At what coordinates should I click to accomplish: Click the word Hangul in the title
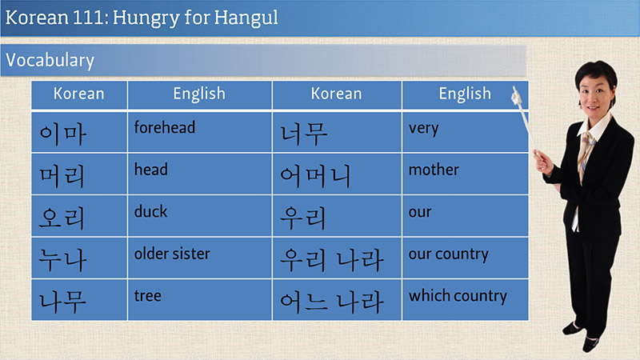tap(246, 18)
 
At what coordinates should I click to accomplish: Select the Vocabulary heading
tap(50, 61)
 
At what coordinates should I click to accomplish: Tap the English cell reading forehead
tap(165, 127)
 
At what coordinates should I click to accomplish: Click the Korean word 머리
tap(62, 176)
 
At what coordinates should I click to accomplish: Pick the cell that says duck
tap(150, 211)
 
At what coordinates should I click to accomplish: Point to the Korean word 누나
tap(62, 260)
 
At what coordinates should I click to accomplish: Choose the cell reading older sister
tap(172, 254)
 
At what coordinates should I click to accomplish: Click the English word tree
tap(147, 295)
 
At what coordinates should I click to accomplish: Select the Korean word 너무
tap(304, 134)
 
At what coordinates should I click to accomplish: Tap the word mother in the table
tap(434, 170)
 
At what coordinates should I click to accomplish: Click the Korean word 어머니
tap(315, 176)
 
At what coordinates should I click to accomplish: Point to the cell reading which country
tap(458, 296)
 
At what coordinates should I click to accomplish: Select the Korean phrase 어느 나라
tap(331, 302)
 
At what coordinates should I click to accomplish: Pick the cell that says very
tap(424, 129)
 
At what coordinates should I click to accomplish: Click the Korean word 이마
tap(62, 134)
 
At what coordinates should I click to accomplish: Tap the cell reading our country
tap(448, 254)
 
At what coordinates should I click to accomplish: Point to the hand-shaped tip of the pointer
tap(515, 95)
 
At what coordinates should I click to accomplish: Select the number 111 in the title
tap(90, 18)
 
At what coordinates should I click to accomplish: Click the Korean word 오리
tap(62, 217)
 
